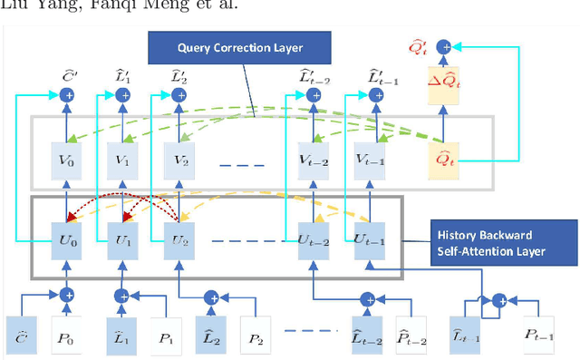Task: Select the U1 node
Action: click(x=121, y=242)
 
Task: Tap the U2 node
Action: click(x=178, y=242)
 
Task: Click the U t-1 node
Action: click(x=374, y=242)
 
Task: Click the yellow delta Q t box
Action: click(x=445, y=86)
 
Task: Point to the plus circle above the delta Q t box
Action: click(x=444, y=45)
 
